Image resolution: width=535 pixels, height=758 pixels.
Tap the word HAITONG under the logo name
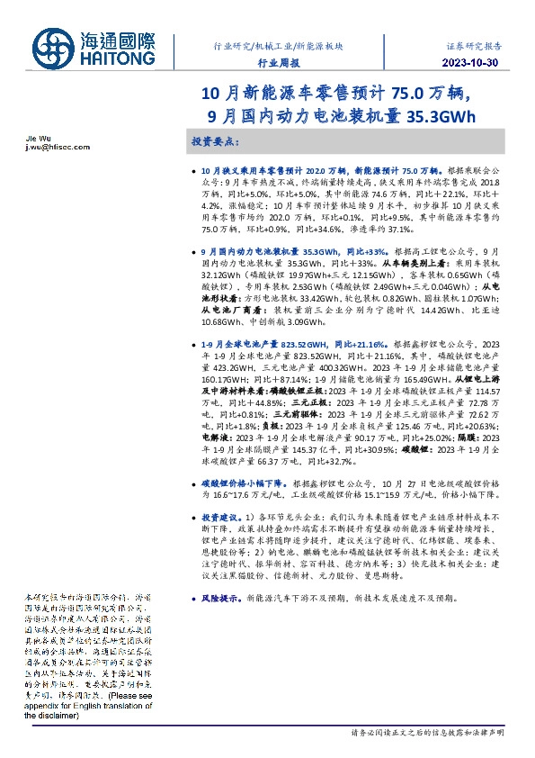pos(120,58)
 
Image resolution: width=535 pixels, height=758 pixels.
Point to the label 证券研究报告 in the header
pos(474,44)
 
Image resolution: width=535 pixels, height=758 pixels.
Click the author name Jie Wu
pos(26,139)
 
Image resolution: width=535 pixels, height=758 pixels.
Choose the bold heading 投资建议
pos(220,519)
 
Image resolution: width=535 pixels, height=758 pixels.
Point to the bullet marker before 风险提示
pos(195,598)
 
